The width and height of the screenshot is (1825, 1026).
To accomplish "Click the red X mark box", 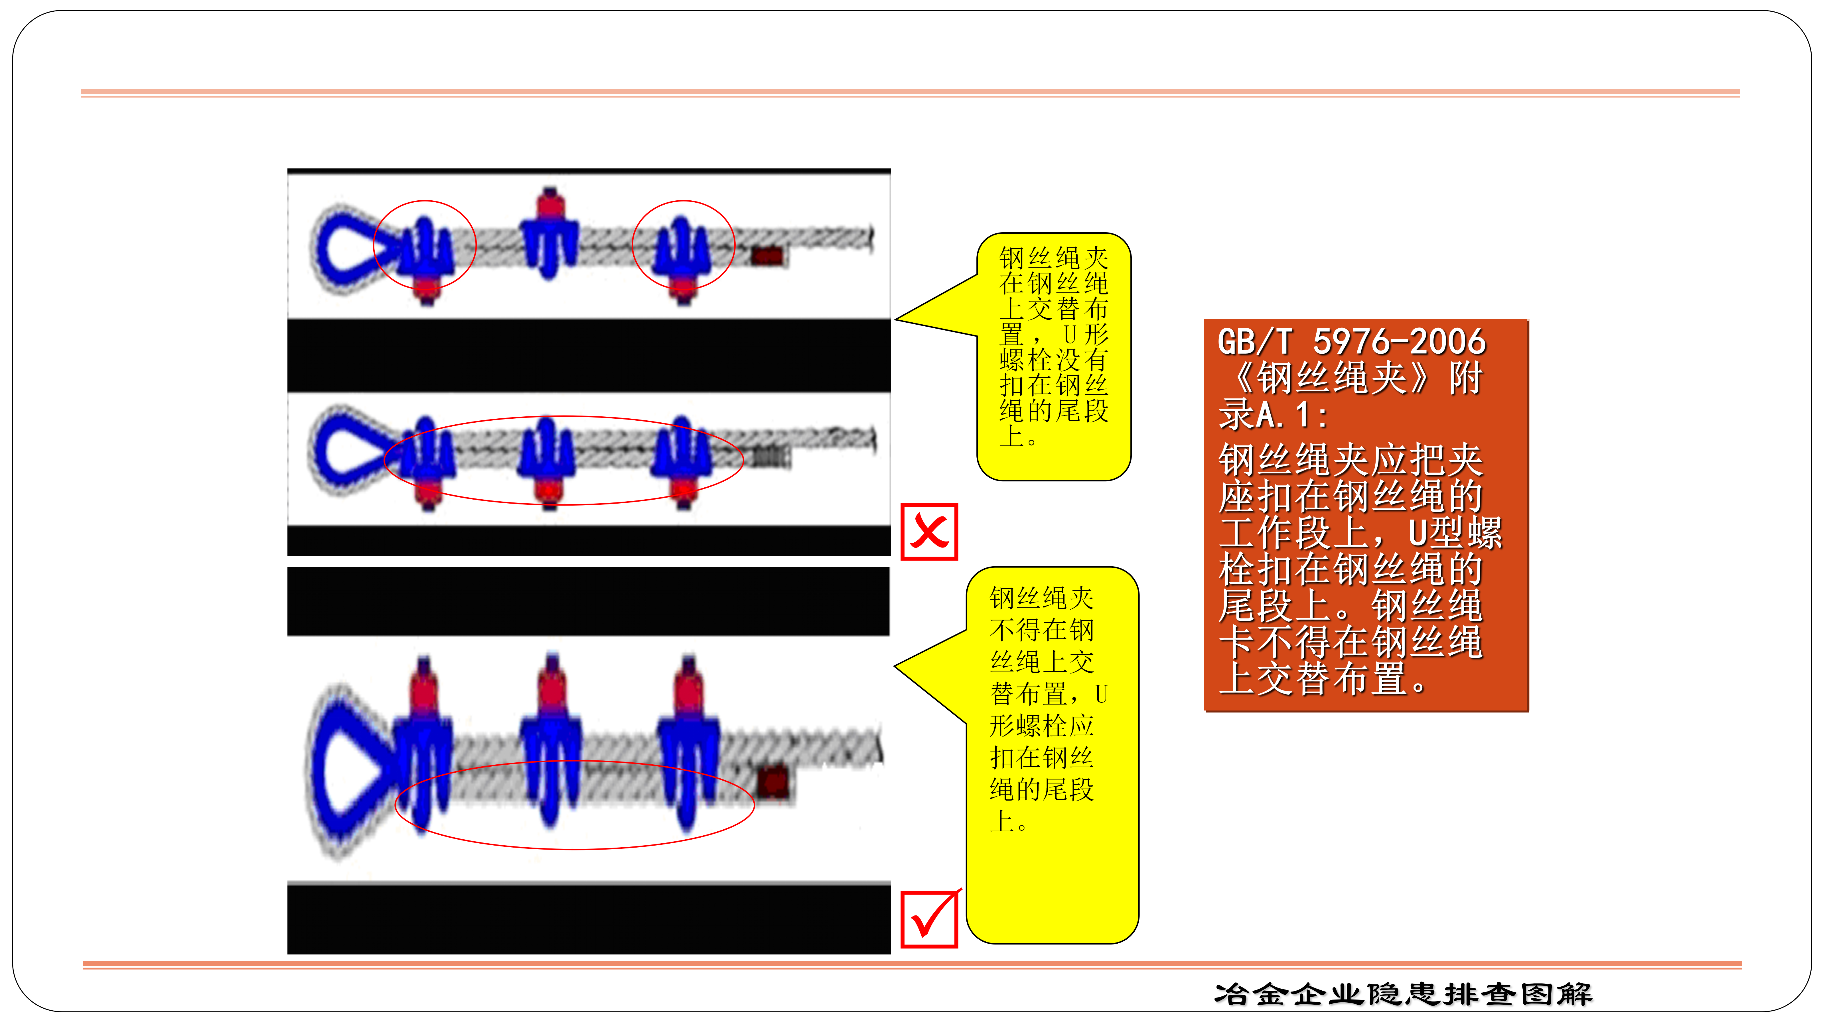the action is pyautogui.click(x=929, y=532).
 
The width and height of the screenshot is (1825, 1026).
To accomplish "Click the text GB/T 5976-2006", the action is pyautogui.click(x=1351, y=342).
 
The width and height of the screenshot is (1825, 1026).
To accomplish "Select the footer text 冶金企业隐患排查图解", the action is pyautogui.click(x=1403, y=994).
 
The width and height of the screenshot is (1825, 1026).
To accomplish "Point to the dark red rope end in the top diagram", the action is pyautogui.click(x=767, y=256).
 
